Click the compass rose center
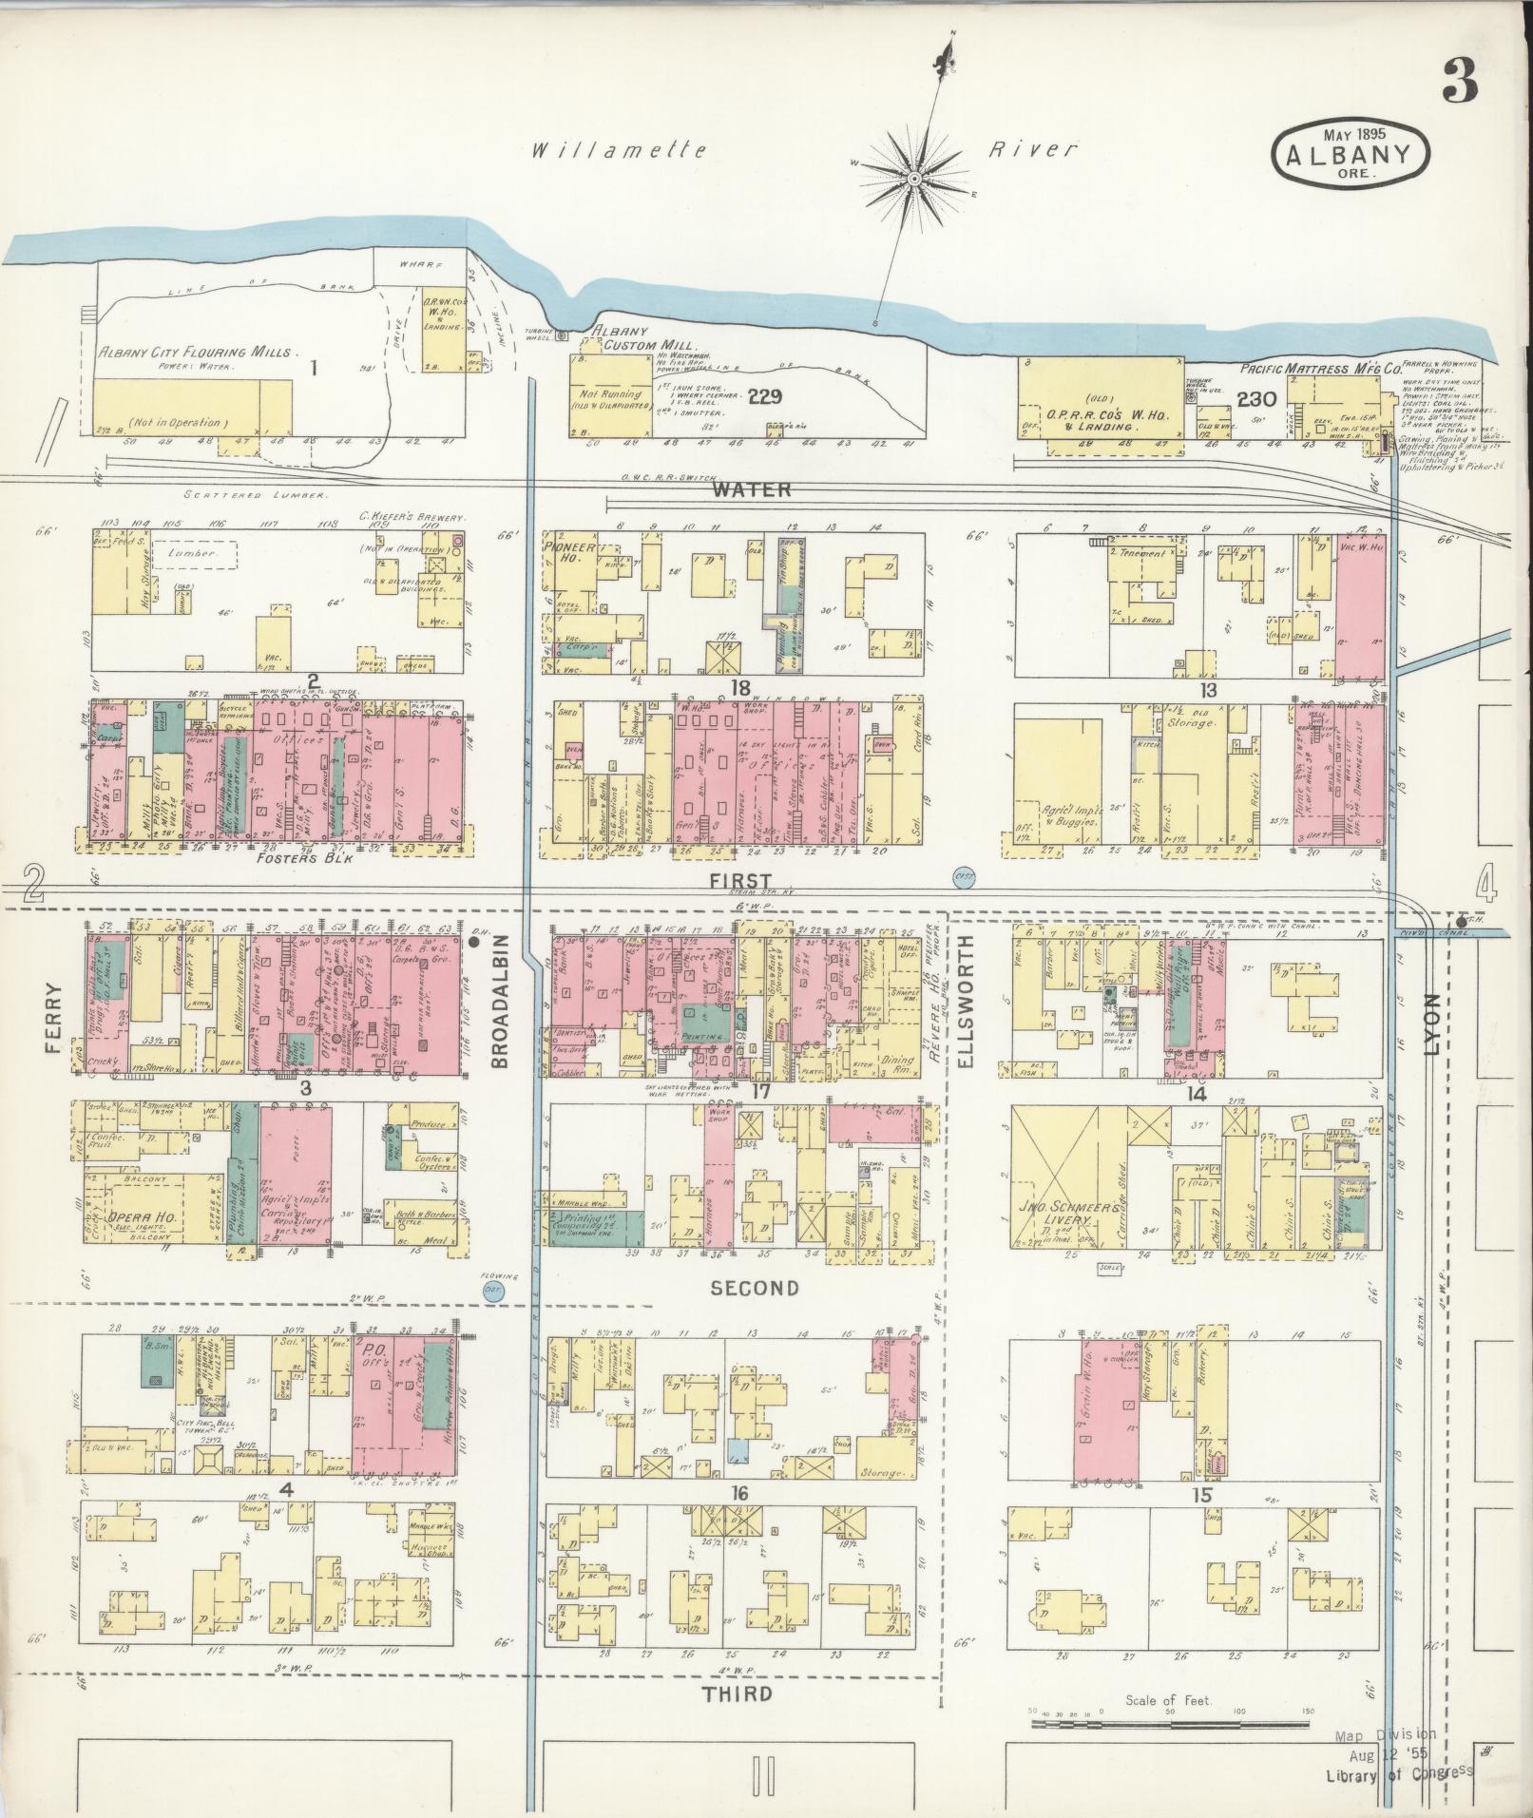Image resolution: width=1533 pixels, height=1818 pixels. (x=914, y=179)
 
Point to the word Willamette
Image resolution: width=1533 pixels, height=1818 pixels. (x=619, y=150)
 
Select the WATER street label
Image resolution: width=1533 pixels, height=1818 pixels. (x=752, y=489)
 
